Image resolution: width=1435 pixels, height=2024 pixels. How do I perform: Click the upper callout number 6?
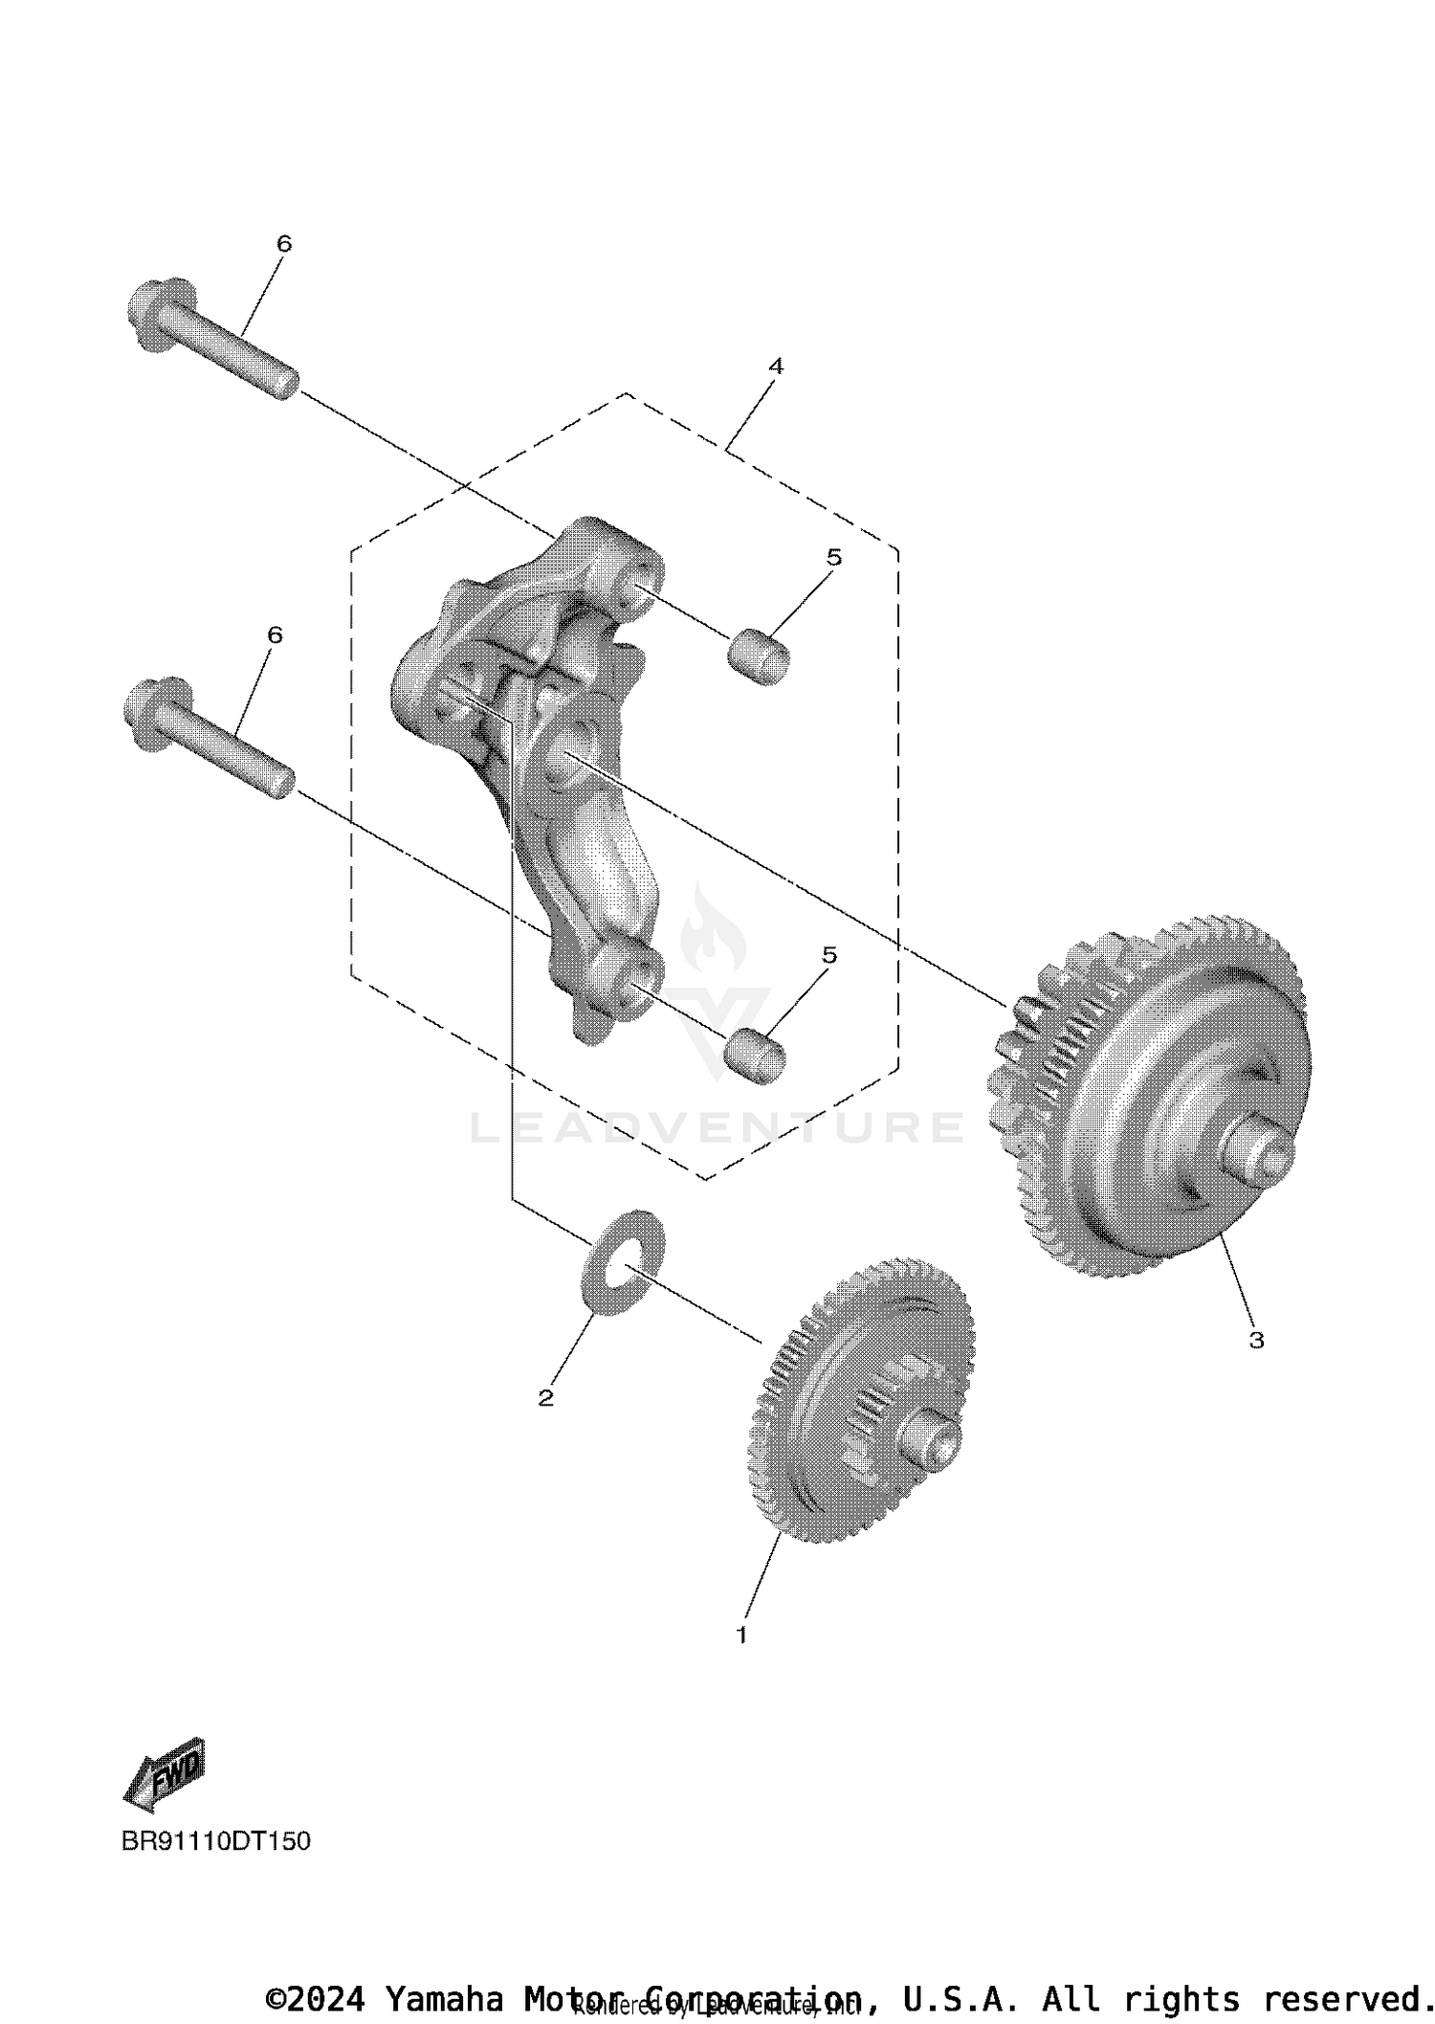pyautogui.click(x=284, y=244)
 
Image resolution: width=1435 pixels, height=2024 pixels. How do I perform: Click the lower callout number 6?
pyautogui.click(x=276, y=634)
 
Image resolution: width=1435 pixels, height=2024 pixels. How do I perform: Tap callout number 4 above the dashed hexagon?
pyautogui.click(x=776, y=366)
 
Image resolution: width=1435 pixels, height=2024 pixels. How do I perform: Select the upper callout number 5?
pyautogui.click(x=834, y=557)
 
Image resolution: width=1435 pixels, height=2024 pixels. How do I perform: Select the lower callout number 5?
pyautogui.click(x=829, y=955)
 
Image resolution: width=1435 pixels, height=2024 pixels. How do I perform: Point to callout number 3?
pyautogui.click(x=1256, y=1341)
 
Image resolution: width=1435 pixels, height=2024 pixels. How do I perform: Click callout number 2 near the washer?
pyautogui.click(x=546, y=1398)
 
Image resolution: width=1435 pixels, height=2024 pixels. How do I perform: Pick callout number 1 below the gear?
pyautogui.click(x=741, y=1635)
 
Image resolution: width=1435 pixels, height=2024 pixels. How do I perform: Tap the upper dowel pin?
pyautogui.click(x=758, y=656)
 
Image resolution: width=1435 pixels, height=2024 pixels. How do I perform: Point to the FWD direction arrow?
pyautogui.click(x=166, y=1773)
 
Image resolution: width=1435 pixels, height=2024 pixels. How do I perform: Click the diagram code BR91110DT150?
pyautogui.click(x=216, y=1841)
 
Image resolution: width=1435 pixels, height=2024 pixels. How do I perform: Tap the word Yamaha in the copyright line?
pyautogui.click(x=444, y=1999)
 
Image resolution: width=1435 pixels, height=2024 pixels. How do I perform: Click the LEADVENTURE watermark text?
pyautogui.click(x=717, y=1127)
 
